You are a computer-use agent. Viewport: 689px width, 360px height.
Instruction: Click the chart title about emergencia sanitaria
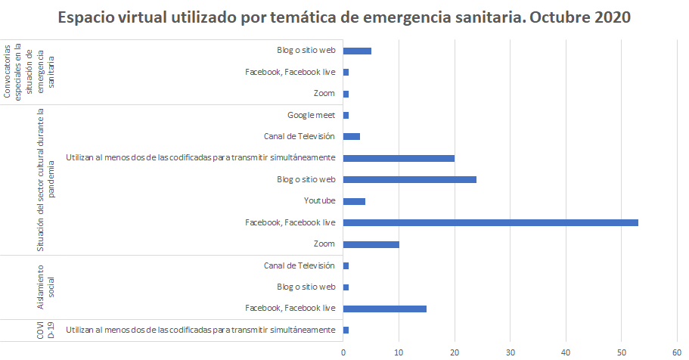[344, 17]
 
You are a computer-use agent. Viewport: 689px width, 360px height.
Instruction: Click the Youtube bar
[354, 201]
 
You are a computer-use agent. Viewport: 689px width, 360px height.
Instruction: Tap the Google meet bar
[346, 115]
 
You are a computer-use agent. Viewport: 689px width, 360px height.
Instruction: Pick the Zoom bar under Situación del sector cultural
[371, 244]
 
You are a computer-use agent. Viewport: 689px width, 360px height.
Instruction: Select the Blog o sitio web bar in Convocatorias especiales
[357, 51]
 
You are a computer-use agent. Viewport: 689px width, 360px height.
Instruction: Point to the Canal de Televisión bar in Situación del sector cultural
[351, 137]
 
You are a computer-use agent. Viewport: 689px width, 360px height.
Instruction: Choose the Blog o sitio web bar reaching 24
[409, 179]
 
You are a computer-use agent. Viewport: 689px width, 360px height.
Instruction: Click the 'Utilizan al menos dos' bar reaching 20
[399, 158]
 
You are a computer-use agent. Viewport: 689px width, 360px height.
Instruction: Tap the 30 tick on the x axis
[511, 352]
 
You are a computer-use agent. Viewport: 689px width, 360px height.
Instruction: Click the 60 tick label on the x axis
[677, 352]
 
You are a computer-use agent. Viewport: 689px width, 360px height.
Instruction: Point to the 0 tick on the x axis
[343, 352]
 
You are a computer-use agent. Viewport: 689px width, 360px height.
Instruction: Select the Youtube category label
[319, 201]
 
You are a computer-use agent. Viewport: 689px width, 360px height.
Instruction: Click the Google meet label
[311, 115]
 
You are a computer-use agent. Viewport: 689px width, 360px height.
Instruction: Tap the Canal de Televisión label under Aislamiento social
[299, 265]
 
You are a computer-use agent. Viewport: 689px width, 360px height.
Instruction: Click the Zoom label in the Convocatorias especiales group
[324, 94]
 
